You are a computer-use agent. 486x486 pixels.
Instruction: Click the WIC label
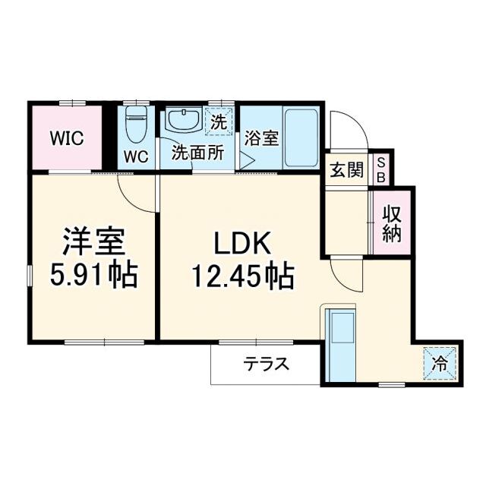tap(66, 139)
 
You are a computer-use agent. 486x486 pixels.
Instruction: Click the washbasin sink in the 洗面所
tap(182, 120)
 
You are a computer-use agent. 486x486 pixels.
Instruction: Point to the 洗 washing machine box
tap(219, 121)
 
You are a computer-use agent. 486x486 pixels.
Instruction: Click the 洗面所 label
tap(197, 152)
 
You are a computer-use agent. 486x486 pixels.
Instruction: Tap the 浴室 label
tap(262, 138)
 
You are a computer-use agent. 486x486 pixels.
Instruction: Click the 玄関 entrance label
tap(346, 170)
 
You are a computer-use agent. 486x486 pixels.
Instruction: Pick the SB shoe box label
tap(382, 170)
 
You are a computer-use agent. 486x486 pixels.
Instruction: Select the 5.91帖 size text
tap(93, 275)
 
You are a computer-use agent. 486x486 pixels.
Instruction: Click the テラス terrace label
tap(266, 364)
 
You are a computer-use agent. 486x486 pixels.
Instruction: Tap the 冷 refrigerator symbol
tap(440, 363)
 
